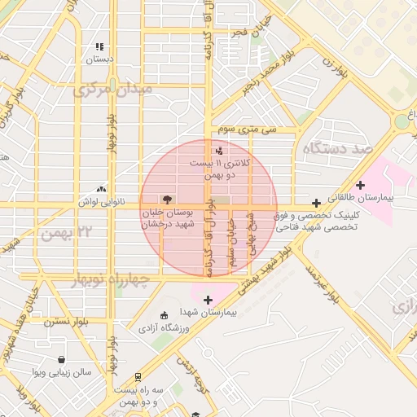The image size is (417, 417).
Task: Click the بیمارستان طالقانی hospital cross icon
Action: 360,186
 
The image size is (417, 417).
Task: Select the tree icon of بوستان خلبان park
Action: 167,199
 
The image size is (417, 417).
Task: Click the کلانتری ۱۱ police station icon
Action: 218,150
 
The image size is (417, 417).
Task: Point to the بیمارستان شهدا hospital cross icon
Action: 208,300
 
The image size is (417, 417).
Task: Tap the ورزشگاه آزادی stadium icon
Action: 165,315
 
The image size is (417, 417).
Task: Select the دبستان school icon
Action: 99,47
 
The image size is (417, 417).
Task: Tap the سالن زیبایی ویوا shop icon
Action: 61,359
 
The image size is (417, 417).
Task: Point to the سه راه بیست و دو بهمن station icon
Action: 138,377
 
